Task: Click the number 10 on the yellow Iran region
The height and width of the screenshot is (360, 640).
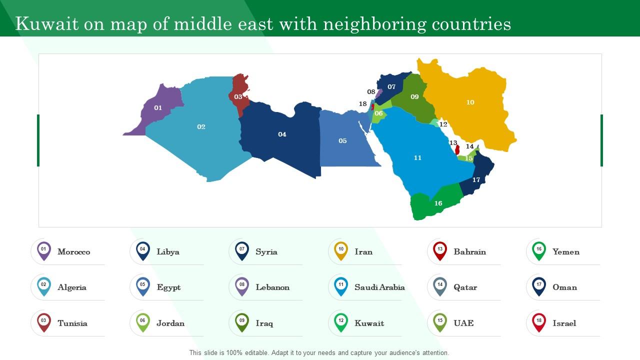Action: pyautogui.click(x=470, y=102)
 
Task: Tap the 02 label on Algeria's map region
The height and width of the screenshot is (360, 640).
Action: pyautogui.click(x=201, y=127)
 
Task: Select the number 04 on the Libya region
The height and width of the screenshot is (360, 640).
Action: pyautogui.click(x=282, y=134)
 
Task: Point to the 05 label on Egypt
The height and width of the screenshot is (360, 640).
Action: pyautogui.click(x=342, y=141)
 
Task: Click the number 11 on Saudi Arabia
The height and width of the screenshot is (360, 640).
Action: pyautogui.click(x=417, y=158)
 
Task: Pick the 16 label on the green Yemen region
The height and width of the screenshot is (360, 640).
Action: pyautogui.click(x=438, y=203)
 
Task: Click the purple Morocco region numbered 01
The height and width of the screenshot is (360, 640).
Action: pyautogui.click(x=158, y=108)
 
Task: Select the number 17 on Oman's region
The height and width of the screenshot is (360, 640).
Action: pyautogui.click(x=476, y=180)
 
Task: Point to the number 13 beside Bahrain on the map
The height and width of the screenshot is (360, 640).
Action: pyautogui.click(x=453, y=143)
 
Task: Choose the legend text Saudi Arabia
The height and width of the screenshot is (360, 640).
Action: pyautogui.click(x=379, y=287)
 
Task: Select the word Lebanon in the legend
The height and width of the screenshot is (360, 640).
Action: pyautogui.click(x=272, y=287)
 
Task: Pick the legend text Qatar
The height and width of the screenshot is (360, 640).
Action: pyautogui.click(x=465, y=287)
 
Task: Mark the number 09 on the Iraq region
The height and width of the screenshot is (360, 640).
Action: pyautogui.click(x=414, y=97)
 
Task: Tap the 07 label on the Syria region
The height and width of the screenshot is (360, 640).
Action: pyautogui.click(x=391, y=87)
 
